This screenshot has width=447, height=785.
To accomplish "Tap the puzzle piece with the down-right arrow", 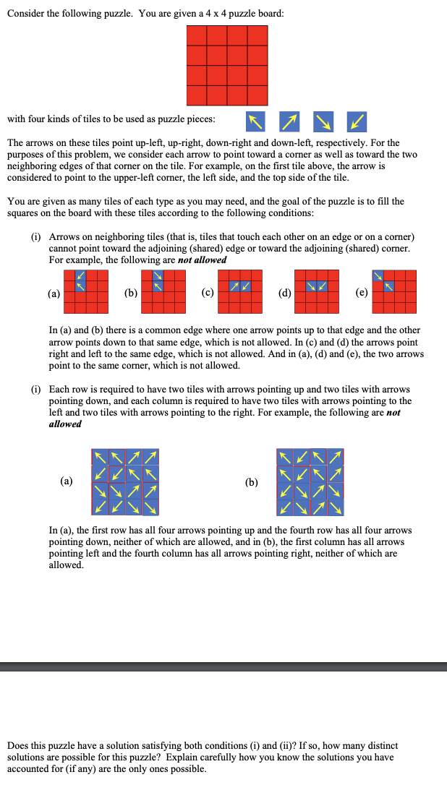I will [x=322, y=120].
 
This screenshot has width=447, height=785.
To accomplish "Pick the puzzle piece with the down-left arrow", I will [x=355, y=120].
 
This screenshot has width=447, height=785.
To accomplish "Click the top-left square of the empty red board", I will [x=197, y=35].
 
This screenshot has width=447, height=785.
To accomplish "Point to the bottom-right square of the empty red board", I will [x=257, y=95].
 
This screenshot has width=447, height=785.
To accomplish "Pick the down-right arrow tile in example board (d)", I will [x=312, y=287].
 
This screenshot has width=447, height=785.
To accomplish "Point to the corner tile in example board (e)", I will [x=378, y=276].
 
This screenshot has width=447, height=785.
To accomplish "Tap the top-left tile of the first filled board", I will [x=100, y=457].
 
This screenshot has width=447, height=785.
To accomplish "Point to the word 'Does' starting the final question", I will [x=18, y=745].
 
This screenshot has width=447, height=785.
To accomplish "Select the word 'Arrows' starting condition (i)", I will [x=64, y=237].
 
